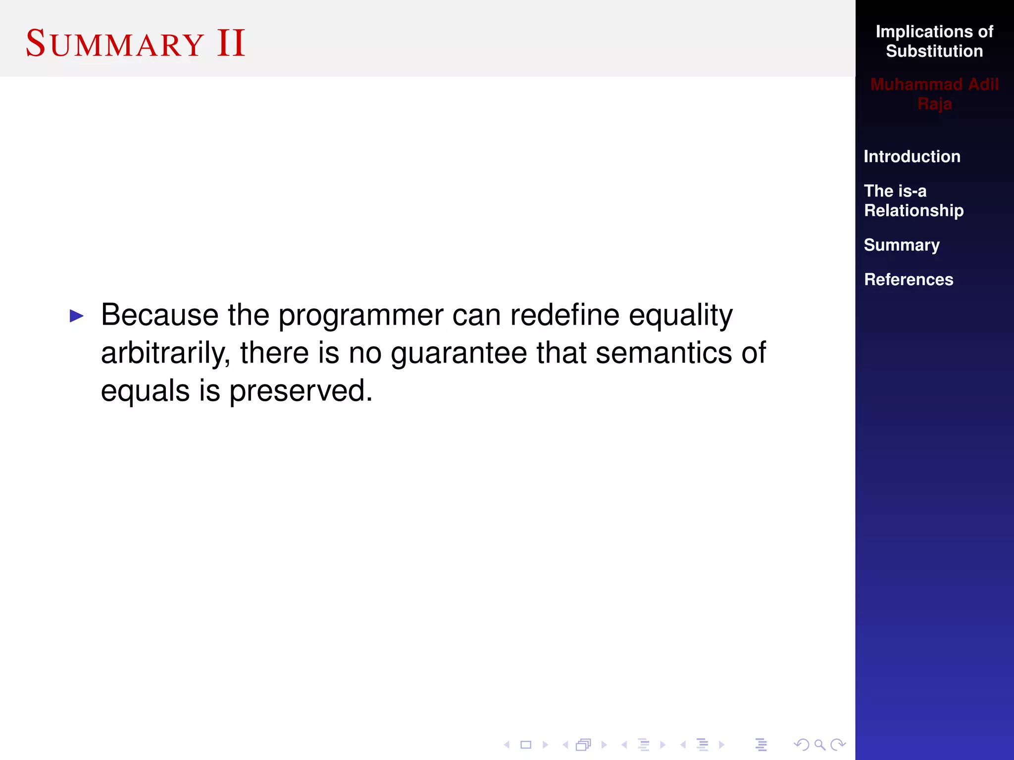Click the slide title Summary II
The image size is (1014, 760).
click(135, 44)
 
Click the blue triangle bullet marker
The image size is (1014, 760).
click(77, 316)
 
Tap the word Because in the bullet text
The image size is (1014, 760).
click(159, 315)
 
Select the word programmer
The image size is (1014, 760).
click(361, 316)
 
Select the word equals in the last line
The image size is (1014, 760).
click(145, 391)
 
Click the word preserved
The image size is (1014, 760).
click(301, 391)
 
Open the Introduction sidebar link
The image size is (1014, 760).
click(912, 156)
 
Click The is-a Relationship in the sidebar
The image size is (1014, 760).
click(913, 200)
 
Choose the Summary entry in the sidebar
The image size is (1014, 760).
click(901, 245)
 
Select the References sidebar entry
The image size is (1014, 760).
click(908, 280)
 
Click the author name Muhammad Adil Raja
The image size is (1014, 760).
click(934, 94)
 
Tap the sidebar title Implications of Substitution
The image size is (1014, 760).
click(934, 41)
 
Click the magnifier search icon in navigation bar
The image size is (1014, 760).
click(819, 745)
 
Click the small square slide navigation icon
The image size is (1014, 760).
click(526, 745)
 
